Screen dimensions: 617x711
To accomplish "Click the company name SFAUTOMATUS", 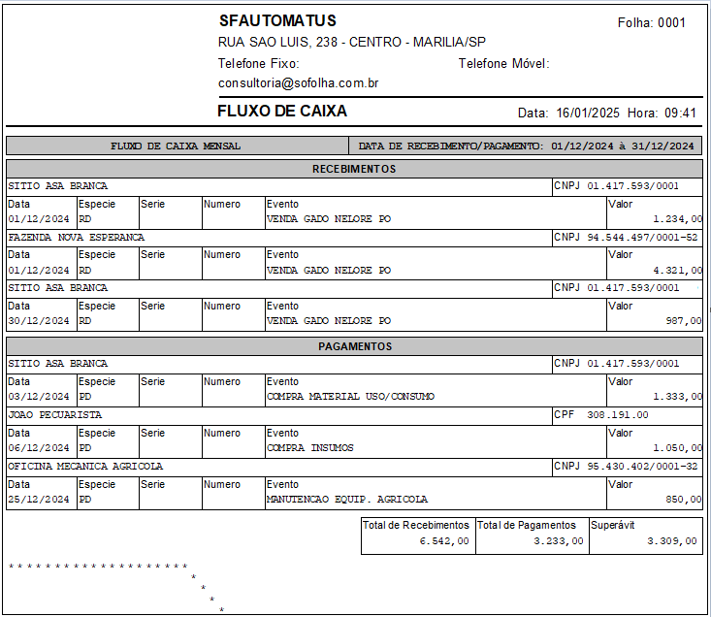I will tap(277, 20).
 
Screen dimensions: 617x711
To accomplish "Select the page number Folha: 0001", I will tap(651, 22).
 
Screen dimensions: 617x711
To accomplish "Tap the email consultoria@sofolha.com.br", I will tap(298, 83).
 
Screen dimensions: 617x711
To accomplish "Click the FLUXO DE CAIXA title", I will tap(281, 112).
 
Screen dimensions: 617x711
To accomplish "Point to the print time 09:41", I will tap(680, 113).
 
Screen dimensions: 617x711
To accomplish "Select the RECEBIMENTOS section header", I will tap(354, 169).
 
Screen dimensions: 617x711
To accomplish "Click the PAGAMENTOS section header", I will tap(354, 346).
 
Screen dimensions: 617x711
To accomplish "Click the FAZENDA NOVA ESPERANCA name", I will tap(76, 237).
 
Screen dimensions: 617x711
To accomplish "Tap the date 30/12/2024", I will tap(39, 320).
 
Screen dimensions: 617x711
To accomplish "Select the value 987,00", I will tap(684, 321).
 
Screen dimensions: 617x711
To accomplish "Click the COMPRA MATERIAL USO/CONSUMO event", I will tap(350, 397).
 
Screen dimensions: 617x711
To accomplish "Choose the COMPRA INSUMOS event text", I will tap(309, 448).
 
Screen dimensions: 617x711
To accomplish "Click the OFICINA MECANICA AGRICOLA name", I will tap(85, 466).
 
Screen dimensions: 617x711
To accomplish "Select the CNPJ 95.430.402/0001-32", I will tap(641, 466).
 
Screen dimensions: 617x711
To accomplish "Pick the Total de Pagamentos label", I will tap(527, 525).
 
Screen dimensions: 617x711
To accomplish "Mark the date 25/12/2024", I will tap(39, 500).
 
